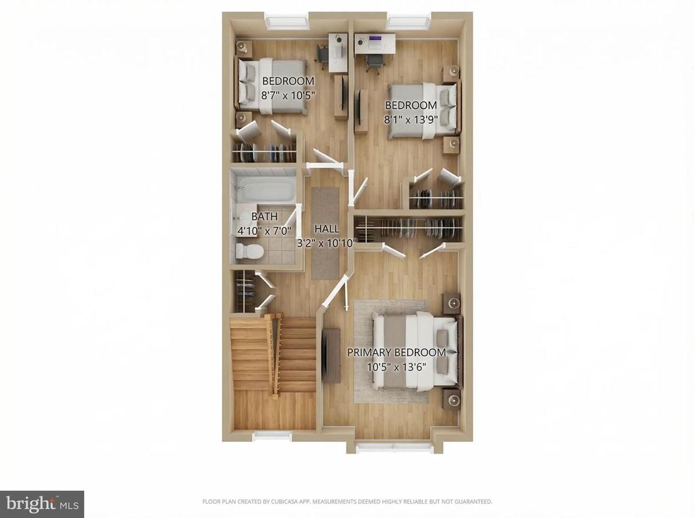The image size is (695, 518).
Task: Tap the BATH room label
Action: pyautogui.click(x=264, y=216)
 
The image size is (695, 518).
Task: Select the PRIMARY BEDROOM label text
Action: pyautogui.click(x=396, y=353)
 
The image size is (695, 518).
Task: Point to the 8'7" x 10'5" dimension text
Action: pyautogui.click(x=288, y=96)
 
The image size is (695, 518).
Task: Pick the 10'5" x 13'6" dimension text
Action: pyautogui.click(x=396, y=366)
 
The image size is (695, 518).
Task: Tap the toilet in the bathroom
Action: pyautogui.click(x=249, y=251)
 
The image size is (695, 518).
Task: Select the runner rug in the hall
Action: pyautogui.click(x=325, y=232)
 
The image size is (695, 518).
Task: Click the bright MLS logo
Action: pyautogui.click(x=41, y=504)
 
